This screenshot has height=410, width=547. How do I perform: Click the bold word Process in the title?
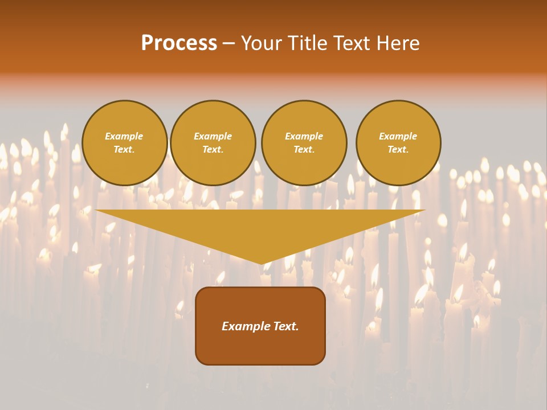179,43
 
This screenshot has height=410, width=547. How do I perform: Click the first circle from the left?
124,143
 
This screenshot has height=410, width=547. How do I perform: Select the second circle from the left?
213,143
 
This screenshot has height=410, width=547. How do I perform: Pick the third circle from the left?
304,143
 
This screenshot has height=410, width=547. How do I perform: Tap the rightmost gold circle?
398,143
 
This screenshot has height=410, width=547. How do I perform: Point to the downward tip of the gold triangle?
261,263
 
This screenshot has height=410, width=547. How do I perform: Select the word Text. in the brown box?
286,326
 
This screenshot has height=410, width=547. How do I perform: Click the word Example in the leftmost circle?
124,136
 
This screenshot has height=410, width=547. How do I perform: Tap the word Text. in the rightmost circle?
398,150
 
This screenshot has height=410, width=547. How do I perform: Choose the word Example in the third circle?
304,136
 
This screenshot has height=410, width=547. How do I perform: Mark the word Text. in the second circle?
213,150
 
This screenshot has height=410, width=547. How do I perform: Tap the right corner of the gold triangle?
424,211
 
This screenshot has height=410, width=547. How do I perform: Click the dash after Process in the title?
229,43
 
